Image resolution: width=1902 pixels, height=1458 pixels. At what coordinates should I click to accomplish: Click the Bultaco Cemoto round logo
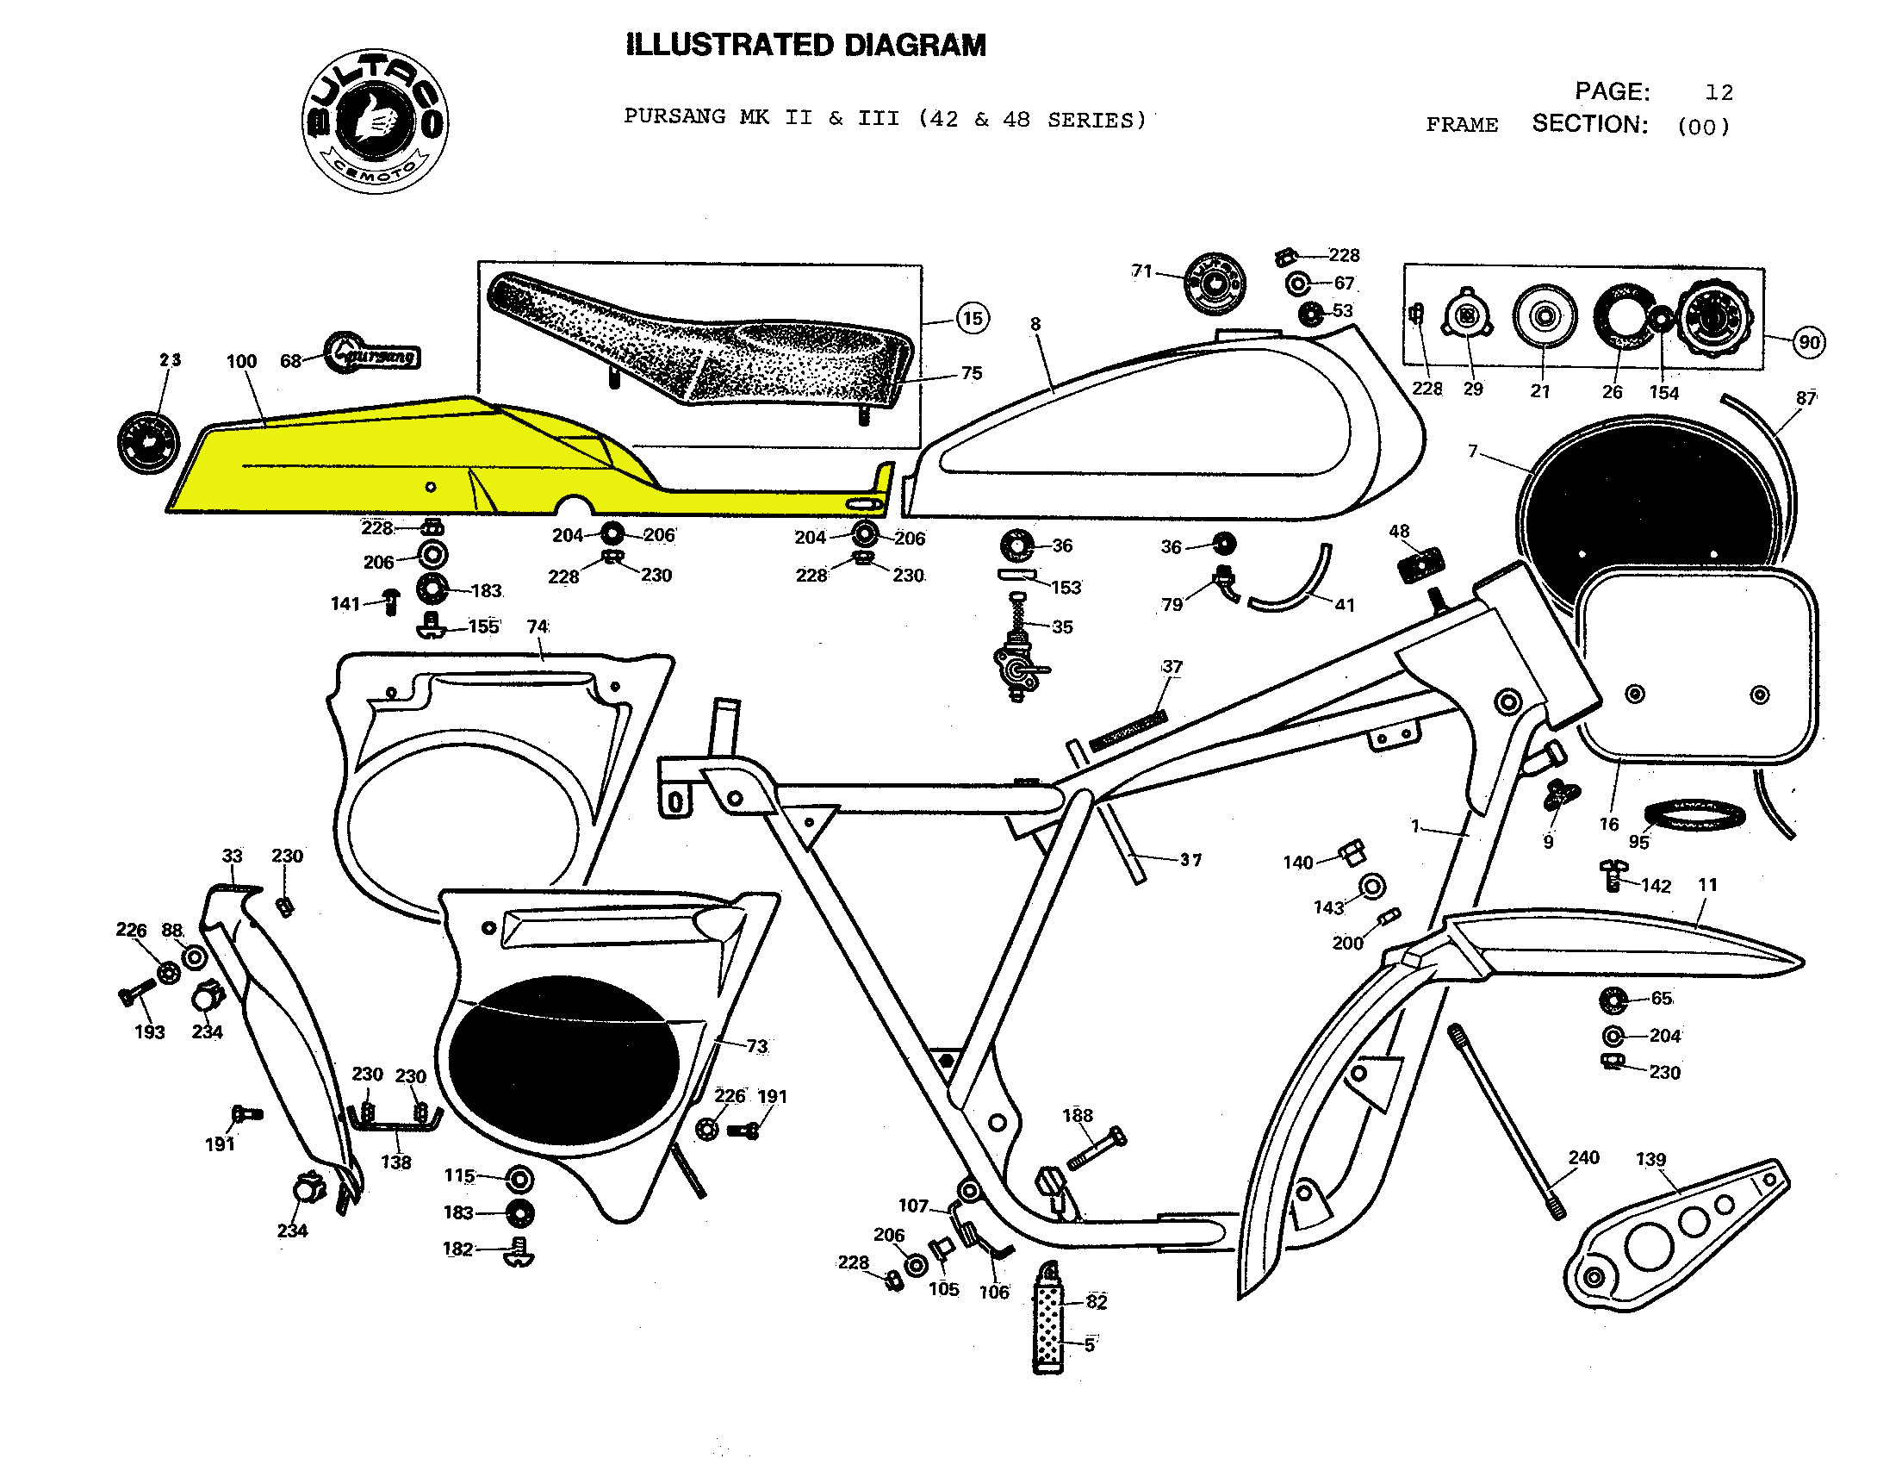point(375,121)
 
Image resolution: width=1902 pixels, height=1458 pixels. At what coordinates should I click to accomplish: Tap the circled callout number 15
point(972,319)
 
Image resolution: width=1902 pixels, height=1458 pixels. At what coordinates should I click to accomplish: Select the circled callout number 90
point(1808,342)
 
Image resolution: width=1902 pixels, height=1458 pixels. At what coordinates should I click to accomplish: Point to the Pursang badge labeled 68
point(373,353)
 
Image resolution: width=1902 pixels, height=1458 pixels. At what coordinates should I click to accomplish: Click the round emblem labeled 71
point(1215,283)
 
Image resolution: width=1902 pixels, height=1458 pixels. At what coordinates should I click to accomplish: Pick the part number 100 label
point(241,361)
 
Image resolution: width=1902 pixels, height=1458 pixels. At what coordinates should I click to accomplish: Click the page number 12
point(1718,92)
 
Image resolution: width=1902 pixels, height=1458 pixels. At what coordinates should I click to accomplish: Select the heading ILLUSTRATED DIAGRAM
point(805,45)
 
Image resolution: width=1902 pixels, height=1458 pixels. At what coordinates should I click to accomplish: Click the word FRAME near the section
point(1461,125)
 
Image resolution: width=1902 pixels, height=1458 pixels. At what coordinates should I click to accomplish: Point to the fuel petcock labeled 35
point(1017,664)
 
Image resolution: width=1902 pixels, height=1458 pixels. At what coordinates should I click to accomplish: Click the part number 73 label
point(756,1046)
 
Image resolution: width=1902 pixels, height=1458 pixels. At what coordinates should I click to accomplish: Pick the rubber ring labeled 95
point(1694,816)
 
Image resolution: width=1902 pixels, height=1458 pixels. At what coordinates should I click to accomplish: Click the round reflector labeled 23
point(147,444)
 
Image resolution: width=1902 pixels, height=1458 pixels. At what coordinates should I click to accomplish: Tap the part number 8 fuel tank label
point(1035,324)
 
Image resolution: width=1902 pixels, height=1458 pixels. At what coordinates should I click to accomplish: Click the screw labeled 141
point(391,601)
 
